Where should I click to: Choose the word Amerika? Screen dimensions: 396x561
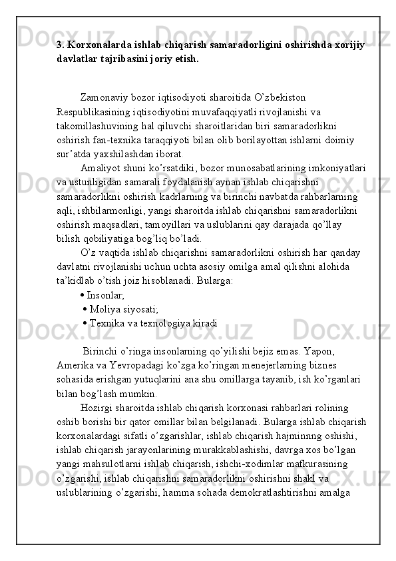tap(77, 365)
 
